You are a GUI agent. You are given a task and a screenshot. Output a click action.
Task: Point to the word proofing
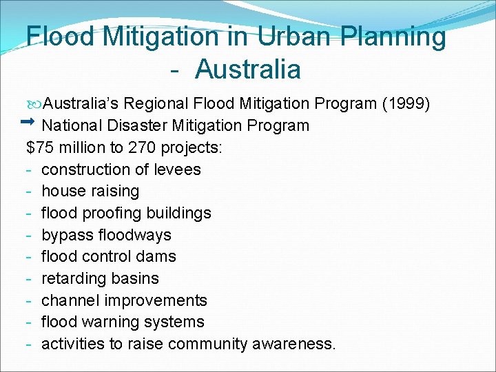tap(113, 213)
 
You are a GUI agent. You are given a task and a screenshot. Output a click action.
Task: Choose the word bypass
tap(67, 235)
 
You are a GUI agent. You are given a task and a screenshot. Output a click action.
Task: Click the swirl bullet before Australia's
tap(35, 104)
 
